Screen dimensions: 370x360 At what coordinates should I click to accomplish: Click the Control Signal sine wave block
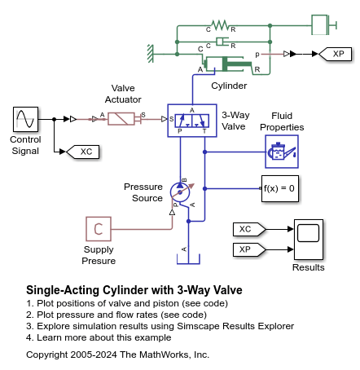(24, 120)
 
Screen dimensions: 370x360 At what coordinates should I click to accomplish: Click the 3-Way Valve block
(191, 120)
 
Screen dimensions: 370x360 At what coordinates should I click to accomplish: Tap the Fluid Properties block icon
(281, 152)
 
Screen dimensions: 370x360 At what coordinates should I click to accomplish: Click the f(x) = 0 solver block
(279, 188)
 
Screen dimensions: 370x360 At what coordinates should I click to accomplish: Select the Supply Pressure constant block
(99, 229)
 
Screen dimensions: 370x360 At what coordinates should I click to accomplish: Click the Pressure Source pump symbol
(179, 189)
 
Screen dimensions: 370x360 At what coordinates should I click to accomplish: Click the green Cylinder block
(230, 64)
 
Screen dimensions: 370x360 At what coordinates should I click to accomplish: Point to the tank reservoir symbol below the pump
(187, 256)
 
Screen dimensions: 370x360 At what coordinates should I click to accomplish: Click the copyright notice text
(117, 355)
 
